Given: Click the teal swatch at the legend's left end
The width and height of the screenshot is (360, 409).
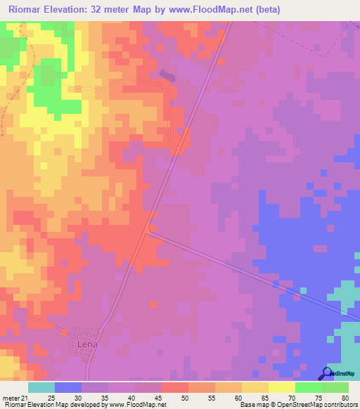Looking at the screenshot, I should point(41,387).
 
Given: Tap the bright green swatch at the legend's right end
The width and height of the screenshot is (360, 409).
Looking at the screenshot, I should point(335,387).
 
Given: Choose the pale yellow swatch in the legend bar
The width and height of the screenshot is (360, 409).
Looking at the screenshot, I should point(282,387).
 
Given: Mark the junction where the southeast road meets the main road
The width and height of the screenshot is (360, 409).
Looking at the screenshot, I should point(150,229).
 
